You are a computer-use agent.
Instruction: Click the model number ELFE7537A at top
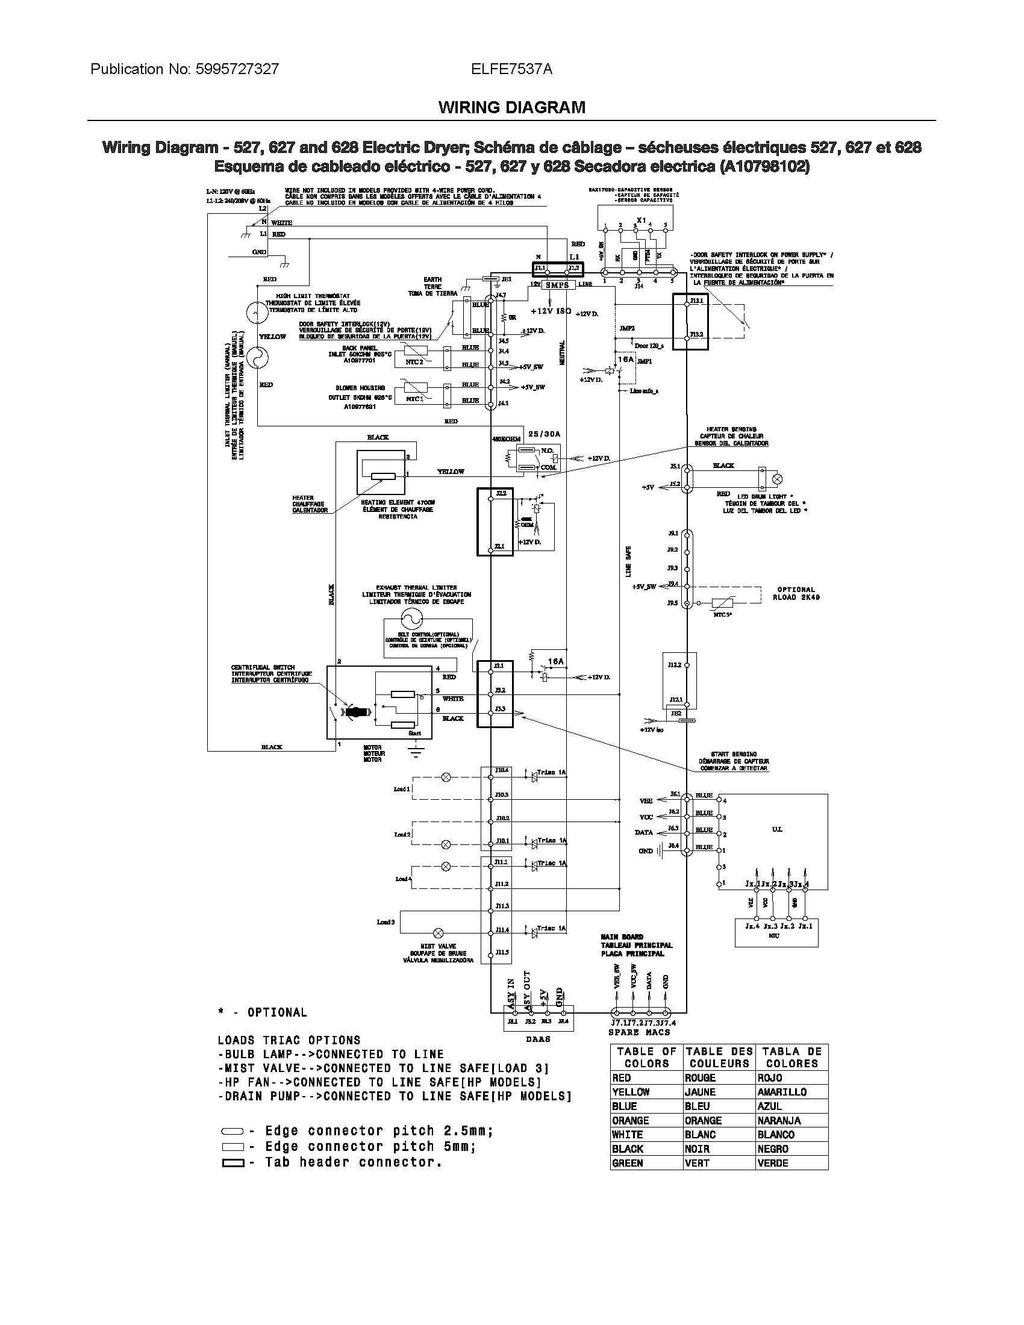(511, 69)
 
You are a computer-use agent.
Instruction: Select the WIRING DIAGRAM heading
(511, 107)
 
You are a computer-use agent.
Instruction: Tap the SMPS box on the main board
(557, 284)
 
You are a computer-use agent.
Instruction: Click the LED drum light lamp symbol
(776, 479)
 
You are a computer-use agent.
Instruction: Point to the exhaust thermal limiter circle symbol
(410, 618)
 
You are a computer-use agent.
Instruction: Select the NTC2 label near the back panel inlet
(414, 362)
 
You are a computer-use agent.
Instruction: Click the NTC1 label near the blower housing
(414, 399)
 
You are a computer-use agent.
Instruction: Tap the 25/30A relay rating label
(544, 434)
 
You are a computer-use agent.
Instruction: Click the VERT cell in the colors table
(697, 1163)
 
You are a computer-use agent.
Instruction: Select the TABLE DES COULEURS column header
(719, 1058)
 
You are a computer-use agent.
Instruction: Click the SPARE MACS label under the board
(638, 1032)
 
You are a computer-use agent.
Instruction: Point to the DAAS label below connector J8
(538, 1040)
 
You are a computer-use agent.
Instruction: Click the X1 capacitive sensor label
(642, 220)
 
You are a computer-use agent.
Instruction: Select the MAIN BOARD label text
(622, 937)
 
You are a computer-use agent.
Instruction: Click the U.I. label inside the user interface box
(776, 829)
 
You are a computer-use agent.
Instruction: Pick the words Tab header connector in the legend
(353, 1162)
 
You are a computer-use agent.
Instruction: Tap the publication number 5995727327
(237, 69)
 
